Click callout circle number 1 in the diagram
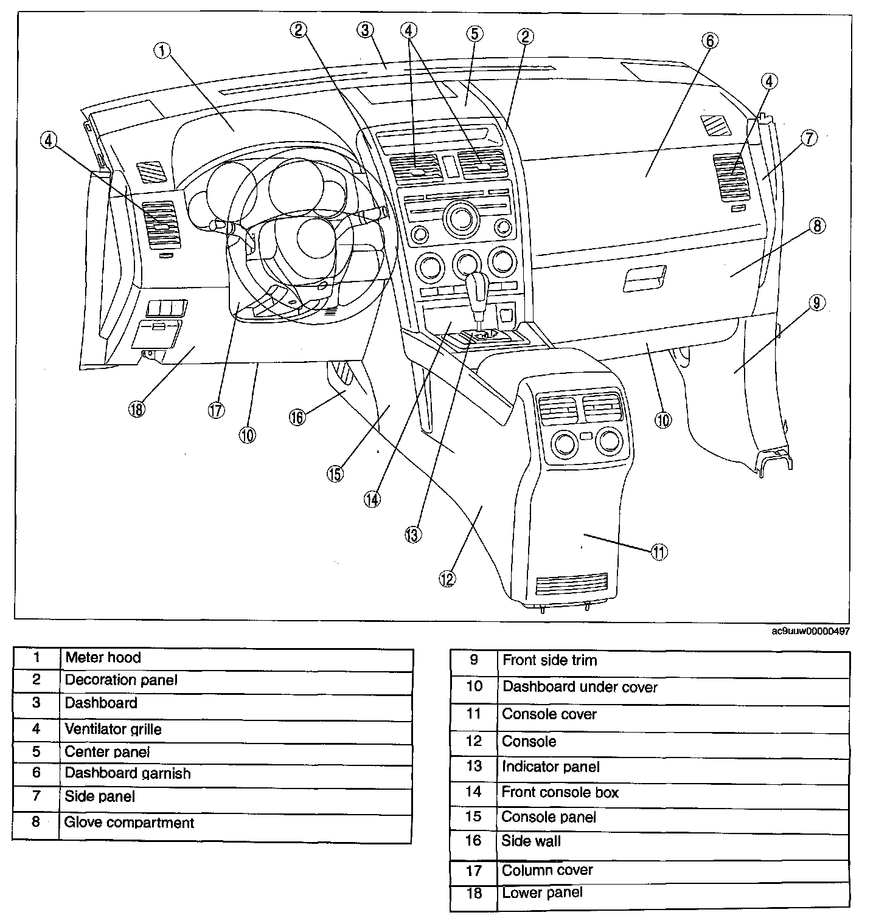tap(162, 52)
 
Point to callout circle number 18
tap(136, 409)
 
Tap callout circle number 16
tap(297, 418)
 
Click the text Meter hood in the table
tap(103, 657)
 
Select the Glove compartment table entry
tap(129, 823)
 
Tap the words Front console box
tap(560, 792)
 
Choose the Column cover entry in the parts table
tap(547, 870)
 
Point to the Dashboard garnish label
tap(128, 773)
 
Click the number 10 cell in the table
tap(474, 686)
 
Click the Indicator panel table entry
tap(551, 767)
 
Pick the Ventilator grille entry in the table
tap(113, 729)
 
